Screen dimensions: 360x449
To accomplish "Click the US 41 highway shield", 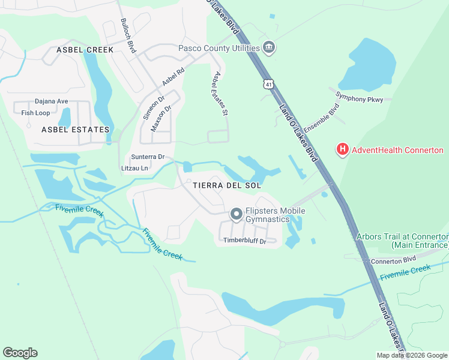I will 266,82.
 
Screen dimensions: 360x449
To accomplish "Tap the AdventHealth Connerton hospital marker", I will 342,150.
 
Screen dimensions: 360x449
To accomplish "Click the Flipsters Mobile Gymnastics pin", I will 237,214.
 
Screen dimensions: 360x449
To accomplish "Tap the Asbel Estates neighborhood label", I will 76,130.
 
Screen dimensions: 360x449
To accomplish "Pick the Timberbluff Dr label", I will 244,241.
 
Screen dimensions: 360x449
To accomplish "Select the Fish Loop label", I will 35,113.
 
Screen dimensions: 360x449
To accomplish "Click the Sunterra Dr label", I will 148,157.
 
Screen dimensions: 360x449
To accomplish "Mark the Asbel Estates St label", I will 220,94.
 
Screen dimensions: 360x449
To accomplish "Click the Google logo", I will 20,353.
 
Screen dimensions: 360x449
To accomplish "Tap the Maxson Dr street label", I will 161,118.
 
